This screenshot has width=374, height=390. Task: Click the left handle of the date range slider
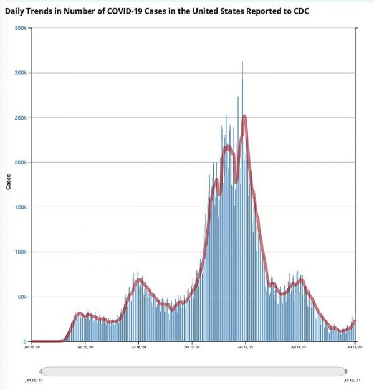41,371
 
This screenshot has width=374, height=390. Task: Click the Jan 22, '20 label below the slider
34,379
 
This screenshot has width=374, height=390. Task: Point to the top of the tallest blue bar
242,62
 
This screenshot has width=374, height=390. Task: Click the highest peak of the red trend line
244,116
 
